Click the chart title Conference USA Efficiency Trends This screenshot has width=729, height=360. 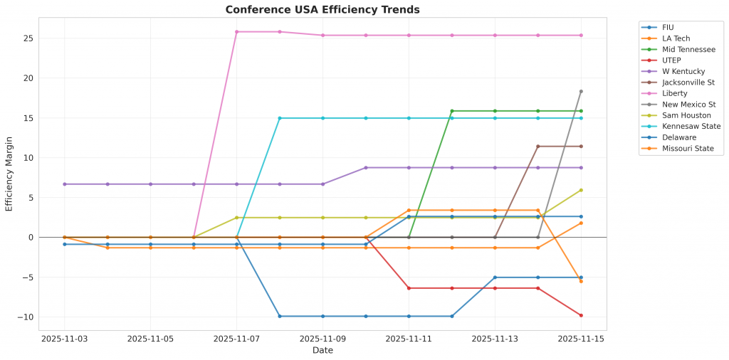click(x=322, y=10)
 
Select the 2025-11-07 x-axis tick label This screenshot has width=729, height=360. click(x=236, y=339)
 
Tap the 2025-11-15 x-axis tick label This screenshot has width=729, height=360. click(x=580, y=339)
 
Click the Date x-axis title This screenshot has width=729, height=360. click(x=322, y=350)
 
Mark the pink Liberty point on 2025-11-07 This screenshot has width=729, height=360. click(x=236, y=31)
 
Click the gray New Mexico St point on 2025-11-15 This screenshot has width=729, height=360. click(x=581, y=91)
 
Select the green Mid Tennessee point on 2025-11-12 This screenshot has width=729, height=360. click(x=451, y=111)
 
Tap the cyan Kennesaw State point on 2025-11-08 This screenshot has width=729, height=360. click(x=280, y=118)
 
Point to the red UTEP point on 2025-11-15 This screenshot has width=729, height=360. click(x=581, y=315)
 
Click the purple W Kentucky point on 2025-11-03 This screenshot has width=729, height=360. click(x=65, y=184)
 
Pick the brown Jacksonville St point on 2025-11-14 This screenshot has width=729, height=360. click(x=537, y=147)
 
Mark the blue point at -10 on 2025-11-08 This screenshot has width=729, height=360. click(x=280, y=316)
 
